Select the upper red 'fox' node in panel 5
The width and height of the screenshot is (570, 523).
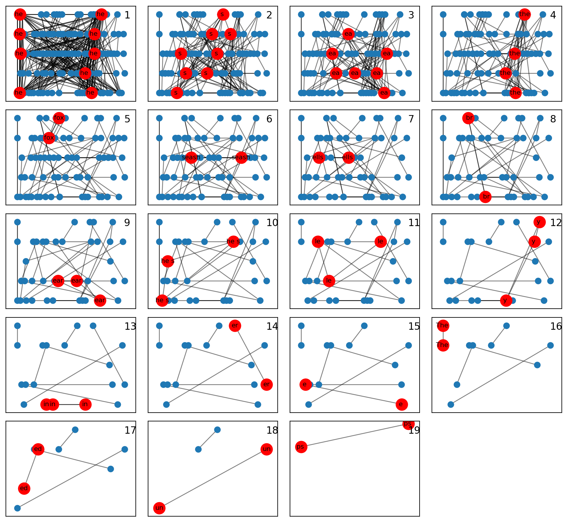click(59, 118)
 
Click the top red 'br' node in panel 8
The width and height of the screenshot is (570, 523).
click(469, 118)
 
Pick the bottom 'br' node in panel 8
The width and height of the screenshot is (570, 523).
click(486, 197)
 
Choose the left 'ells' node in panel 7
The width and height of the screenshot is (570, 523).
click(319, 158)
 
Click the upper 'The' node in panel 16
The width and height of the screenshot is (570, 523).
click(443, 326)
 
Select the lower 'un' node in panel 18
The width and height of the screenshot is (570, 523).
click(160, 508)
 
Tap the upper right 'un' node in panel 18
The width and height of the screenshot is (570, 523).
click(267, 449)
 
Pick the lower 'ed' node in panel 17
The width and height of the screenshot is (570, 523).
click(24, 488)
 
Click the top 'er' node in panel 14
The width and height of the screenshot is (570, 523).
click(235, 326)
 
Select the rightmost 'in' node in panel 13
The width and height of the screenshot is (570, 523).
click(85, 404)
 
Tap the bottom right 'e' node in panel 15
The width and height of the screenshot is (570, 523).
click(401, 404)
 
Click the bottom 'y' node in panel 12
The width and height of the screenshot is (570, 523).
click(506, 300)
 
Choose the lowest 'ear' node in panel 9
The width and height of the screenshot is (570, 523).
click(100, 300)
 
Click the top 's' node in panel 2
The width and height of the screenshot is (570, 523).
click(223, 14)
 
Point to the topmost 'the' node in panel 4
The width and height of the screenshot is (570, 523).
click(525, 14)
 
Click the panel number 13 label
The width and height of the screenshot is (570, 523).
click(130, 327)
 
